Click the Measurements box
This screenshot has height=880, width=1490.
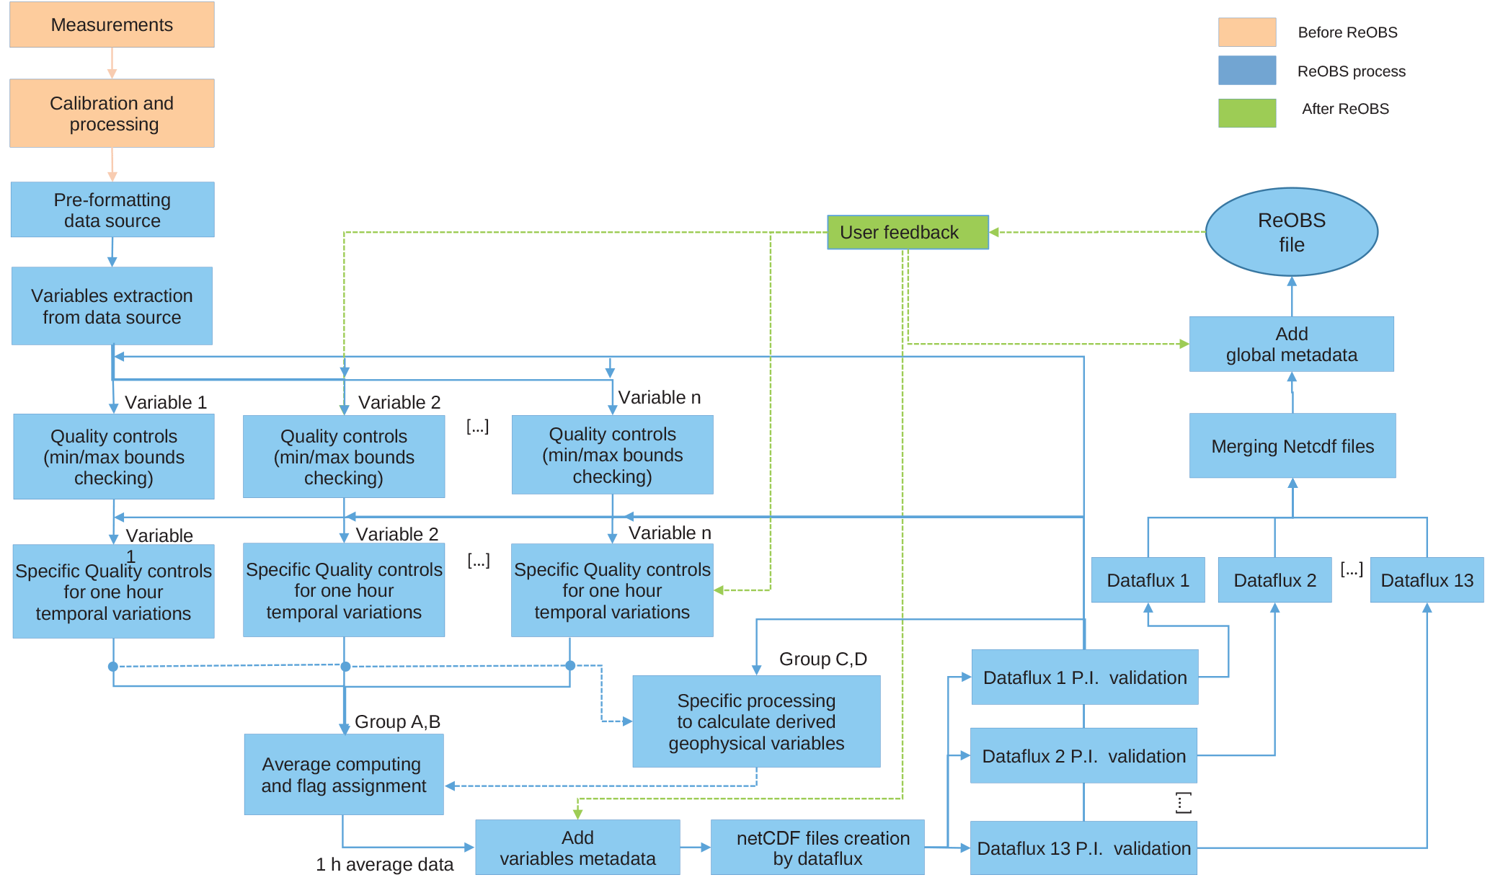(112, 25)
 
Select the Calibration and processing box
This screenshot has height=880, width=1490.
(112, 113)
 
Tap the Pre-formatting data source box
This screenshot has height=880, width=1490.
(112, 210)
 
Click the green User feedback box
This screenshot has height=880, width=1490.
(907, 232)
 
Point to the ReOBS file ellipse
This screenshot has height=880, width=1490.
(1291, 232)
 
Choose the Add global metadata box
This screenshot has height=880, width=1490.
(1291, 345)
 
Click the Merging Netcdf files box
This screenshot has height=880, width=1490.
(1292, 446)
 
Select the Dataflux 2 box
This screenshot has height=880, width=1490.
(1274, 580)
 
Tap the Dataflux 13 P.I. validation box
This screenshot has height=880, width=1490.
(1083, 848)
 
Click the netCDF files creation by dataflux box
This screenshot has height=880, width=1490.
(817, 848)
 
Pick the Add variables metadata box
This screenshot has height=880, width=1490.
(577, 848)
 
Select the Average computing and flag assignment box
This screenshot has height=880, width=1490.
(344, 775)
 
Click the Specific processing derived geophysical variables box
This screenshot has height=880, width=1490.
(756, 721)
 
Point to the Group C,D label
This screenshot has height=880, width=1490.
(822, 659)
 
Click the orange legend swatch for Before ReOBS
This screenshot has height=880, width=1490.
(1246, 32)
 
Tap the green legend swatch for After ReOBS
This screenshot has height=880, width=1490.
(1246, 113)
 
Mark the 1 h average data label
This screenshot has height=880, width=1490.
(384, 864)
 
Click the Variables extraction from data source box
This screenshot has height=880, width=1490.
(112, 306)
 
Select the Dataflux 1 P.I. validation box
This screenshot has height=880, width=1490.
(1084, 677)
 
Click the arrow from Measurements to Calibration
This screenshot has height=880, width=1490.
(112, 63)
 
